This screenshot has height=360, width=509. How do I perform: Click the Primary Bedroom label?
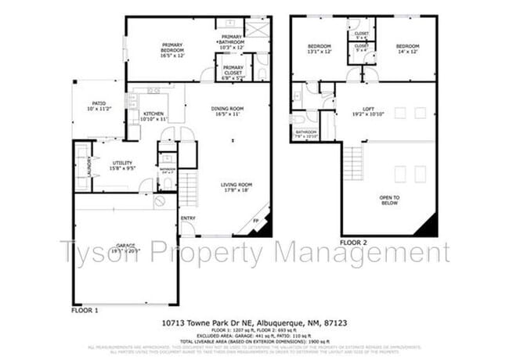(x=171, y=49)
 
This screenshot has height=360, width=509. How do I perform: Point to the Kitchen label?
(x=153, y=116)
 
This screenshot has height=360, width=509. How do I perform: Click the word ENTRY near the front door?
(x=189, y=218)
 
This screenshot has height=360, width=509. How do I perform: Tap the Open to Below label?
(x=390, y=200)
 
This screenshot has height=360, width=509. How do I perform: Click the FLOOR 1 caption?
(x=85, y=310)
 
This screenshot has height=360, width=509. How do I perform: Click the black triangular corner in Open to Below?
(x=428, y=226)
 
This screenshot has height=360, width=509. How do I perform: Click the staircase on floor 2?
(x=353, y=162)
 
